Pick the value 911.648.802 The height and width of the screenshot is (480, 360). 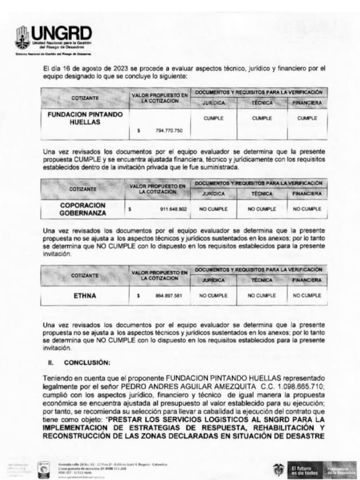pos(171,209)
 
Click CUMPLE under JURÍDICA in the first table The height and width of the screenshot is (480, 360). pos(213,118)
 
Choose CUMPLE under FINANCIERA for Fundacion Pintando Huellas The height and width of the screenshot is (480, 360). pos(306,118)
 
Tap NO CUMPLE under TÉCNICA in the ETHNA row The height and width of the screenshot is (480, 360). pos(262,296)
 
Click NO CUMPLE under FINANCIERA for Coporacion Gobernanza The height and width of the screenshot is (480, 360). pos(307,209)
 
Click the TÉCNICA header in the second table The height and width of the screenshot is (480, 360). pos(262,194)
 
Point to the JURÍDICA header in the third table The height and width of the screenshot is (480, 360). pos(213,280)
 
